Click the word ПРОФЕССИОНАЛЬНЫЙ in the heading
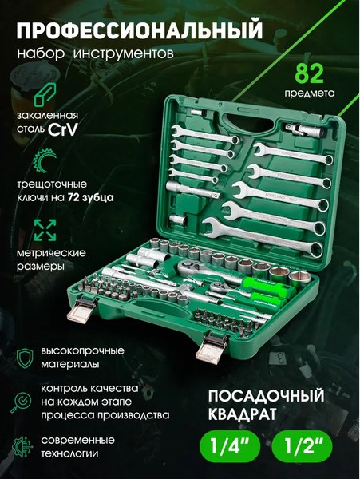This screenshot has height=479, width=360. [x=139, y=30]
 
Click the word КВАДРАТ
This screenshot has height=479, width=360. [x=243, y=414]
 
